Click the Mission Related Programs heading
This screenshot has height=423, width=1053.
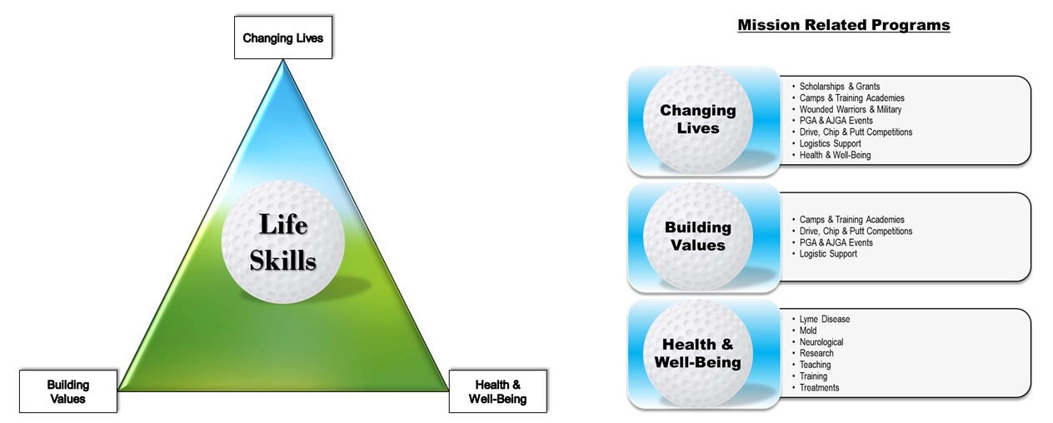[x=843, y=25]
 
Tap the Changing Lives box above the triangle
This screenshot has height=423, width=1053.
[x=282, y=38]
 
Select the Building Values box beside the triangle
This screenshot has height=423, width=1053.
[x=68, y=391]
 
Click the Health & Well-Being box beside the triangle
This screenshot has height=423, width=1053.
[x=499, y=391]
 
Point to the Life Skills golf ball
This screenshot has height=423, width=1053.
[x=283, y=244]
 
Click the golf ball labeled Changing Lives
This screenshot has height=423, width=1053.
[x=697, y=120]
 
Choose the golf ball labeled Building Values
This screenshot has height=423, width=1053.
[x=697, y=236]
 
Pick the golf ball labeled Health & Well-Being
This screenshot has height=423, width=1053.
[x=697, y=353]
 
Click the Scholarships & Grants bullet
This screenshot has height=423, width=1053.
[x=839, y=87]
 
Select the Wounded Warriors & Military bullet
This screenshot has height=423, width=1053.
[x=850, y=109]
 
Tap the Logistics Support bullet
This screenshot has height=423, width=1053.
[x=830, y=143]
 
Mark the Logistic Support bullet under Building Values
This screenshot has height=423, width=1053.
[x=828, y=254]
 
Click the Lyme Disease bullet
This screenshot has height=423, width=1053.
[x=824, y=319]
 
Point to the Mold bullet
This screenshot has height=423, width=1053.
[x=808, y=331]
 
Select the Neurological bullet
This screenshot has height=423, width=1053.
[x=821, y=342]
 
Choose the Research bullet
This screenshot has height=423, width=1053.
[x=816, y=353]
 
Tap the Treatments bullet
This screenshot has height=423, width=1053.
[x=819, y=387]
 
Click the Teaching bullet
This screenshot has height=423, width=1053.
[x=815, y=365]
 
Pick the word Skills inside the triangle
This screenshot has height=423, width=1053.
[x=283, y=261]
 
